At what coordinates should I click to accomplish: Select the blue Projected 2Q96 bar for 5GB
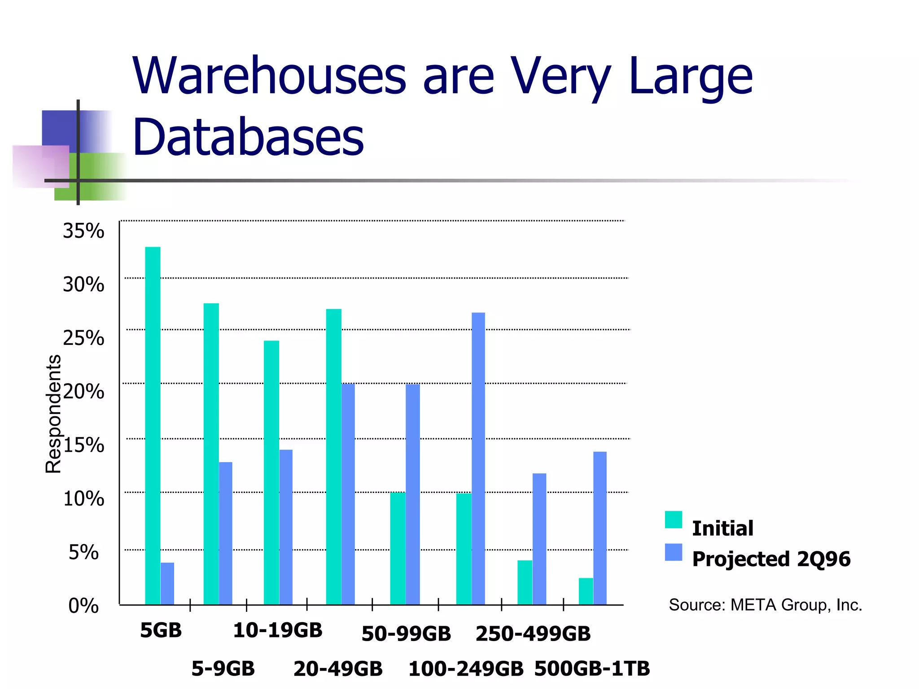(x=167, y=583)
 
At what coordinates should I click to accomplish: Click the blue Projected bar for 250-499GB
(x=539, y=539)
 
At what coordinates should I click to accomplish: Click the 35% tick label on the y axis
(x=83, y=231)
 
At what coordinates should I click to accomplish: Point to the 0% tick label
(x=83, y=606)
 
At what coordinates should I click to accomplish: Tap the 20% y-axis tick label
(x=83, y=392)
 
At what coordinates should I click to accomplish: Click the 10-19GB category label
(x=278, y=630)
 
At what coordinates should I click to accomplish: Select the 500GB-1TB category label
(x=592, y=668)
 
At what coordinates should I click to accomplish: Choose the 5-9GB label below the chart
(x=223, y=668)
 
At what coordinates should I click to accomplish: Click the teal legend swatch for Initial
(x=673, y=519)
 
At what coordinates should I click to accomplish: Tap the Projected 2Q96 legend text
(x=771, y=559)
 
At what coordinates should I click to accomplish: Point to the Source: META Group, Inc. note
(x=765, y=605)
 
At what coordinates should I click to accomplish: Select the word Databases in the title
(x=248, y=136)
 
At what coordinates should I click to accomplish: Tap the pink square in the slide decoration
(x=40, y=166)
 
